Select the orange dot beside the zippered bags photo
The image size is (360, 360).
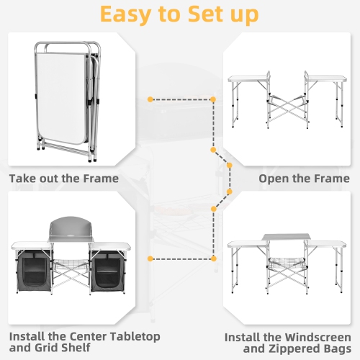tap(149, 258)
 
